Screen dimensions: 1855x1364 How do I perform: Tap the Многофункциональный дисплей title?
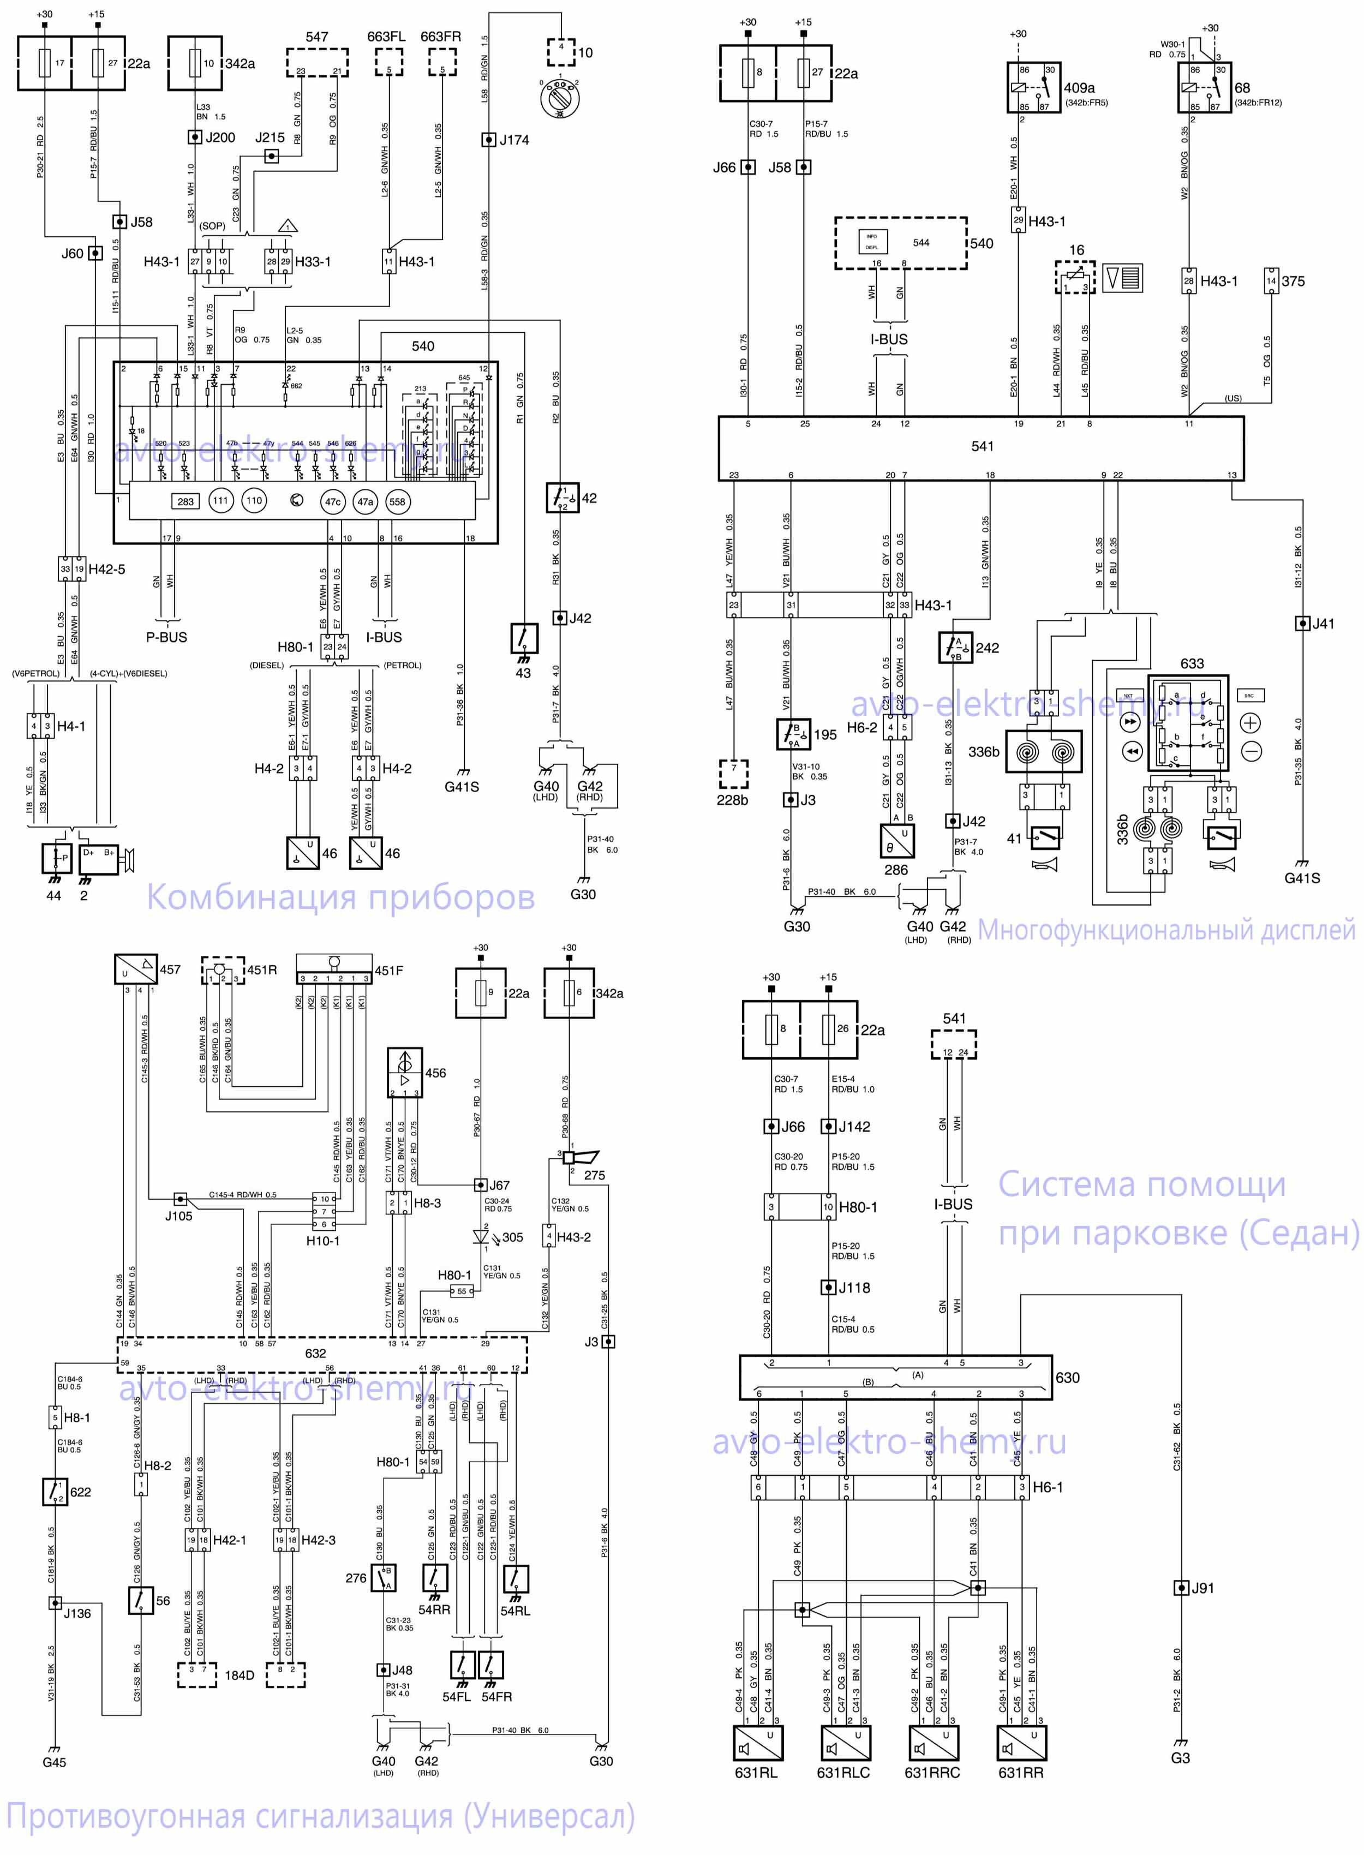1166,930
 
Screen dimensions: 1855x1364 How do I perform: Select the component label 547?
316,37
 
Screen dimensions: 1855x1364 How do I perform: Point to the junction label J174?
513,140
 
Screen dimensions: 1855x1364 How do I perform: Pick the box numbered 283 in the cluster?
186,501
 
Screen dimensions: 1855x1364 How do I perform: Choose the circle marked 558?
397,501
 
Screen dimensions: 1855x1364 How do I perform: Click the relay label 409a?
1079,87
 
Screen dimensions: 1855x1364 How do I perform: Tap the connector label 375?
1293,282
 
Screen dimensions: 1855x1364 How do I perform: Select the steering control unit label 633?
1192,664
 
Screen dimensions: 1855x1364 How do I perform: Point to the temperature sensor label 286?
896,869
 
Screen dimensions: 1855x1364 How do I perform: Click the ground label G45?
55,1762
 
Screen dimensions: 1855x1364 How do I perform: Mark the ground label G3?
1180,1757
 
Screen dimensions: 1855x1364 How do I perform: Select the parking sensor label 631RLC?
843,1773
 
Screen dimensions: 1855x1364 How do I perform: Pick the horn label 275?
595,1175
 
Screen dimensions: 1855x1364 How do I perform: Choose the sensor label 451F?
389,971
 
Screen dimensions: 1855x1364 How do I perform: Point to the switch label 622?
81,1492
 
